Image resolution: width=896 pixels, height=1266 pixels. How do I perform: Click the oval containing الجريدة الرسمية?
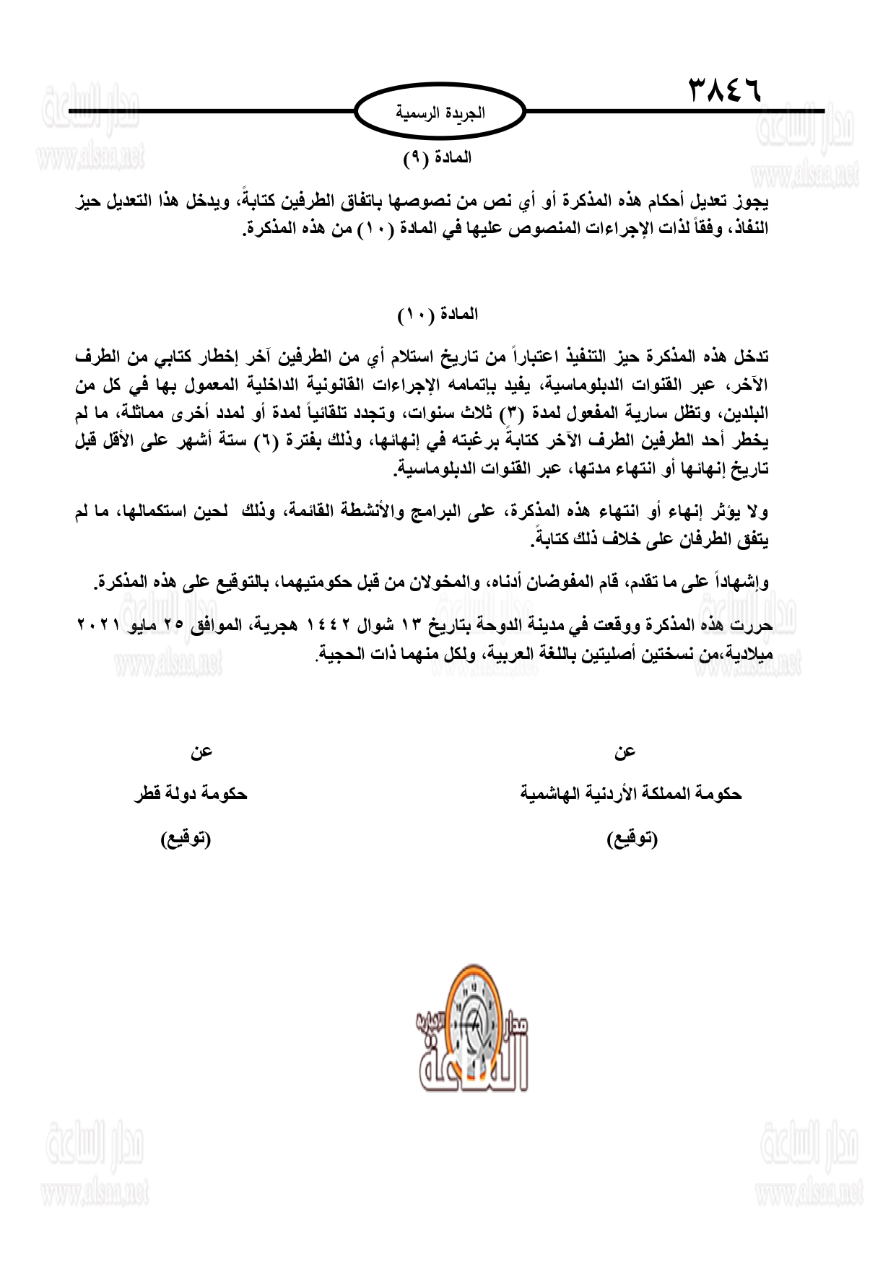(440, 113)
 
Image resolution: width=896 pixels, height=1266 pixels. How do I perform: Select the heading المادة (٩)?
(438, 158)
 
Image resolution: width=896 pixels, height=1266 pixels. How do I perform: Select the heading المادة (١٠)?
(438, 315)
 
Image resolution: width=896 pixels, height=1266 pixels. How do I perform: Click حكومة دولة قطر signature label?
(191, 794)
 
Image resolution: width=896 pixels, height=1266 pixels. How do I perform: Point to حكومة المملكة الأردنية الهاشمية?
(631, 794)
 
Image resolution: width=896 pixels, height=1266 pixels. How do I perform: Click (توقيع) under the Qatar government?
(186, 839)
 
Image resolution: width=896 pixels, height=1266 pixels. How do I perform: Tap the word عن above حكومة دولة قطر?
(201, 752)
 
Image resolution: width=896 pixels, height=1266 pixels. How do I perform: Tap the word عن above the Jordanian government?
(625, 752)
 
